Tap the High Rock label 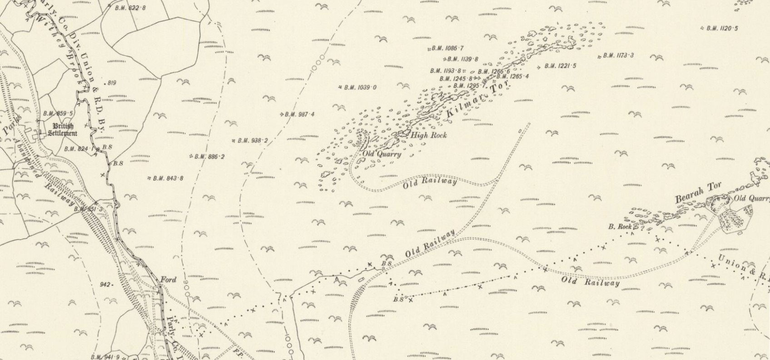click(x=429, y=135)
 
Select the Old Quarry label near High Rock click(x=382, y=154)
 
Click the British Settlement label click(x=63, y=130)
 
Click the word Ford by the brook click(x=168, y=280)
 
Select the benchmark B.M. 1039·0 click(x=359, y=87)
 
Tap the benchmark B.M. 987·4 click(x=299, y=114)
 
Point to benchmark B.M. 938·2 click(x=252, y=141)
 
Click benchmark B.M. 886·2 click(x=209, y=157)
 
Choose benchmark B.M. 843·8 click(x=168, y=178)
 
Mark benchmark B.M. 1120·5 click(x=722, y=28)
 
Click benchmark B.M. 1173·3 click(x=618, y=55)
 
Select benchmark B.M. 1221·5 click(x=560, y=66)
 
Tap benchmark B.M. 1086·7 click(x=447, y=48)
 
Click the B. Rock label click(x=620, y=226)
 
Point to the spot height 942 click(x=105, y=285)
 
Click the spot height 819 click(x=112, y=83)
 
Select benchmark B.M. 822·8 click(x=129, y=8)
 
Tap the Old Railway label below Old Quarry click(x=430, y=183)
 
